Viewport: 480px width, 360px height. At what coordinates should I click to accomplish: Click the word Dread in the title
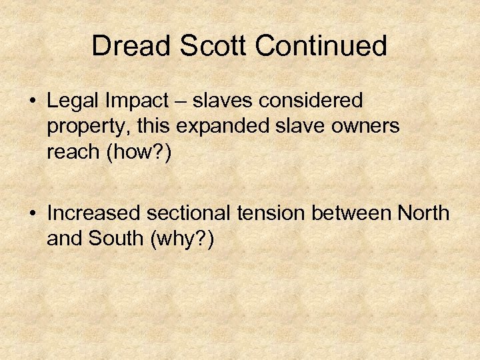pyautogui.click(x=131, y=46)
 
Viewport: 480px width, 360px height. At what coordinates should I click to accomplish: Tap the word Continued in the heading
pyautogui.click(x=321, y=46)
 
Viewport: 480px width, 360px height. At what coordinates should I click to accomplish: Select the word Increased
pyautogui.click(x=94, y=213)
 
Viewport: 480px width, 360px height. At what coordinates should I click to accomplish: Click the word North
pyautogui.click(x=423, y=213)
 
